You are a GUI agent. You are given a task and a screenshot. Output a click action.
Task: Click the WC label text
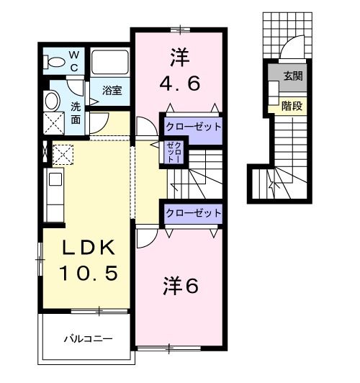(74, 60)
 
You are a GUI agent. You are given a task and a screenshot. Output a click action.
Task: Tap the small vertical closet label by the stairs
(173, 153)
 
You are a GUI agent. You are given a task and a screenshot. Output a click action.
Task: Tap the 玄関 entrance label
(292, 75)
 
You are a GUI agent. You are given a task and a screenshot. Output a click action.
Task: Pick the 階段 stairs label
(292, 104)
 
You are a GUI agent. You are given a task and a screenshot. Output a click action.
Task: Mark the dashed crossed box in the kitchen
(63, 153)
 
